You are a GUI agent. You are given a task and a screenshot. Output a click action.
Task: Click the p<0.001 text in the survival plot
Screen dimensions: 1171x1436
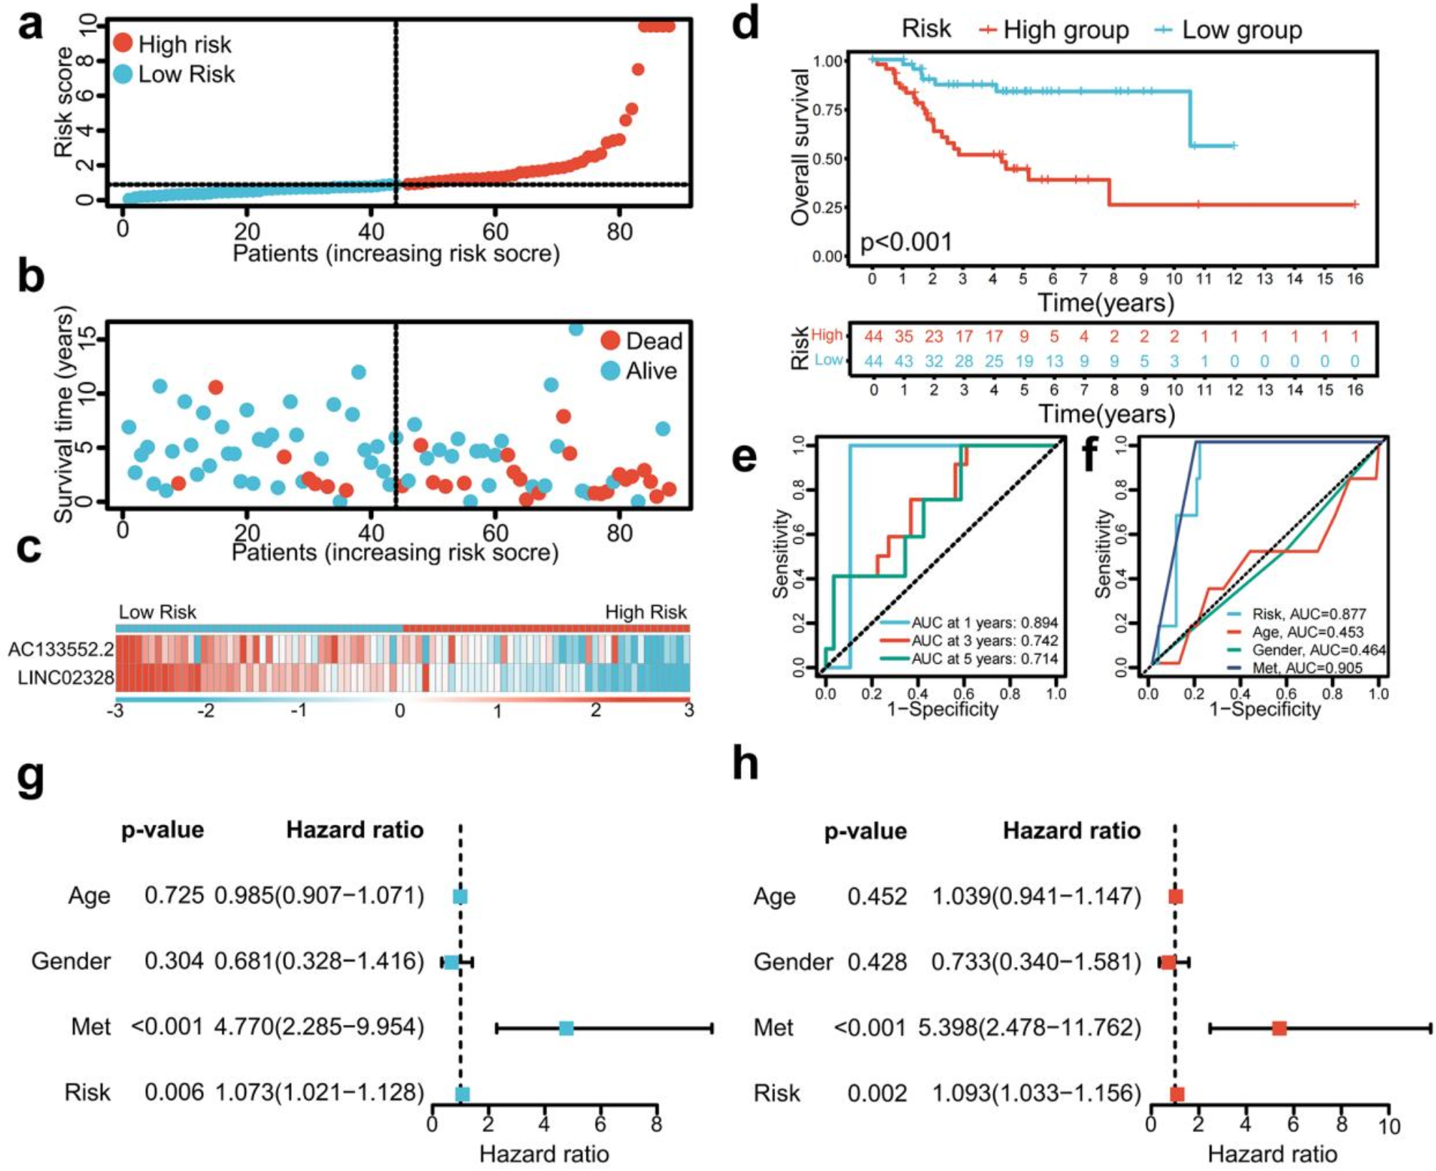906,242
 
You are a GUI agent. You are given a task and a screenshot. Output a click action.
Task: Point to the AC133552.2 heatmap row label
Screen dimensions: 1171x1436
61,650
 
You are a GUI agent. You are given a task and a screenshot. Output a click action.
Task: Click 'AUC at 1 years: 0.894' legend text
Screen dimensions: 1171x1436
984,622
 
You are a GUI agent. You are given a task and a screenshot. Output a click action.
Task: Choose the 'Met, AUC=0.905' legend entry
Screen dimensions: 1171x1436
1307,668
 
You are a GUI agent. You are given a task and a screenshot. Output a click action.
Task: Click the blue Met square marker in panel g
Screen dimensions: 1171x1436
566,1028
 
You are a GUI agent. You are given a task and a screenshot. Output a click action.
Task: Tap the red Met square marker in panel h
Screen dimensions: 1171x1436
1279,1029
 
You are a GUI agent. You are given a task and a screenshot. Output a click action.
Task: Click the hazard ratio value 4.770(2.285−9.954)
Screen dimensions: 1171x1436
319,1027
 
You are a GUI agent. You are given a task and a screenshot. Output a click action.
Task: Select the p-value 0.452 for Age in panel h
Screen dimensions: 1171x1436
877,896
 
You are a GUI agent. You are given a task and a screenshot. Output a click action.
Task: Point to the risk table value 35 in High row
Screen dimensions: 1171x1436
903,336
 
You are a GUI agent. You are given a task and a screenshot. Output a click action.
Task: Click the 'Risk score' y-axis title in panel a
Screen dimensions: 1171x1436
64,102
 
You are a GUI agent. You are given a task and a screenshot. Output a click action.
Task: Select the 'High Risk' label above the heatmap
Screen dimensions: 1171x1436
645,612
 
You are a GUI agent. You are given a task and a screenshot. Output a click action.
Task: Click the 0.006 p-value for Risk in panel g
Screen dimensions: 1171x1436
174,1092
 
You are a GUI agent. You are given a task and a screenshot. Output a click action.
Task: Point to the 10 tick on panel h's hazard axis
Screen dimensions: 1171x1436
1389,1127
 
